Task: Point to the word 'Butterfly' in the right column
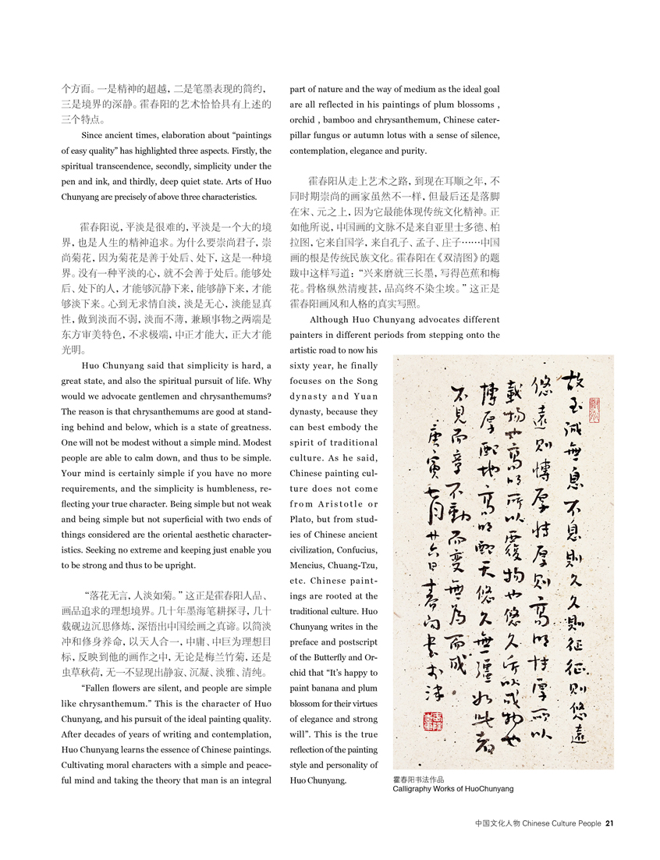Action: point(341,656)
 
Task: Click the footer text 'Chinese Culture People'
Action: point(562,822)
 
